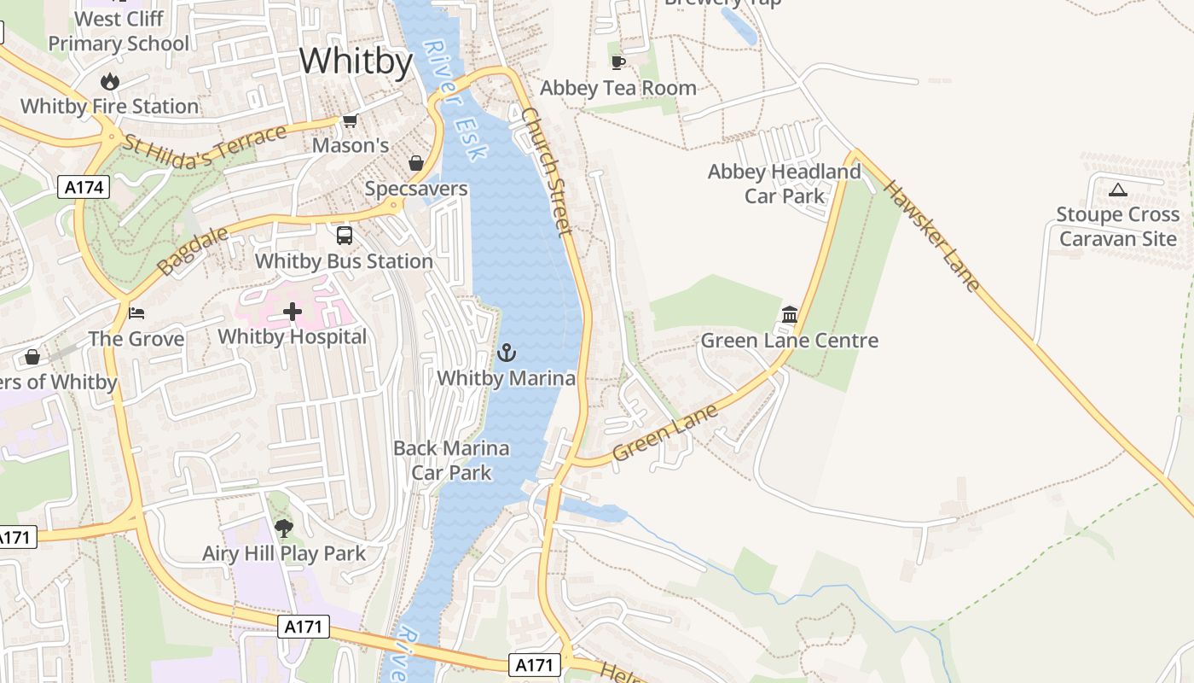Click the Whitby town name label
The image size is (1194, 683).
pyautogui.click(x=356, y=61)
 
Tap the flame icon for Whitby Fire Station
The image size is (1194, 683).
pyautogui.click(x=109, y=82)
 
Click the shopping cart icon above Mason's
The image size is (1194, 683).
pyautogui.click(x=350, y=121)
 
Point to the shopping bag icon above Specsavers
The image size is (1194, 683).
pyautogui.click(x=416, y=163)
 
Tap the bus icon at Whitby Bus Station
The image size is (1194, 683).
pyautogui.click(x=345, y=236)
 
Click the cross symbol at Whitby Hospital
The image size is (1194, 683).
pyautogui.click(x=293, y=312)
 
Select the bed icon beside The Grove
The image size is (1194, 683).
pyautogui.click(x=136, y=313)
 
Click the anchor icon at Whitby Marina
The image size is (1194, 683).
pyautogui.click(x=507, y=352)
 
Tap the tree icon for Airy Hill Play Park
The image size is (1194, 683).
pyautogui.click(x=284, y=528)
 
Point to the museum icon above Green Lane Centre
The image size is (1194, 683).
pyautogui.click(x=789, y=315)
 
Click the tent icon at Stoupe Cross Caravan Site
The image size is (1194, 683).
pyautogui.click(x=1117, y=190)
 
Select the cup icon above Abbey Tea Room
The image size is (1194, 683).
pyautogui.click(x=618, y=62)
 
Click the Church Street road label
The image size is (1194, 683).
pyautogui.click(x=545, y=171)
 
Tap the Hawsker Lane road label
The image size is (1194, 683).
pyautogui.click(x=931, y=235)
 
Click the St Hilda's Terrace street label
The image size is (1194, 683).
pyautogui.click(x=205, y=138)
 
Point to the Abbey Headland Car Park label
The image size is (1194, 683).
pyautogui.click(x=784, y=184)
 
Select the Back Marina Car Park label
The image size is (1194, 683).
pyautogui.click(x=451, y=460)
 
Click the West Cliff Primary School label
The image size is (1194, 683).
pyautogui.click(x=119, y=31)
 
